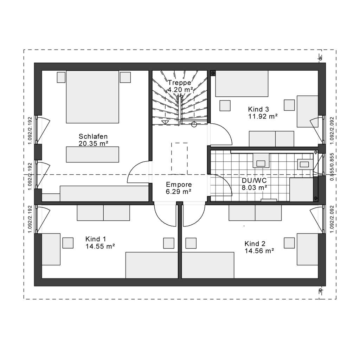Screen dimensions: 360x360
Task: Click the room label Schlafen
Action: tap(93, 136)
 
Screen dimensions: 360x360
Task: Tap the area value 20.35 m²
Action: tap(93, 144)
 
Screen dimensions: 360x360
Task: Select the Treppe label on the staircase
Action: tap(179, 83)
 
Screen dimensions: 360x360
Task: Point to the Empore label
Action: tap(179, 185)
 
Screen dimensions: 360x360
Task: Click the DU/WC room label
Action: tap(254, 180)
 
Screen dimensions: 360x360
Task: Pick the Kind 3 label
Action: tap(258, 109)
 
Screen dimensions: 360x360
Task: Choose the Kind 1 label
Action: tap(96, 239)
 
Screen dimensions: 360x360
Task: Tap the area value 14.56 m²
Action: tap(259, 251)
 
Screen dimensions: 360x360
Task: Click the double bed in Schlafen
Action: tap(92, 97)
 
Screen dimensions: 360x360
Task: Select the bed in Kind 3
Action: tap(242, 84)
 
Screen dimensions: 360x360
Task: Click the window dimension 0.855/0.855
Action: tap(332, 167)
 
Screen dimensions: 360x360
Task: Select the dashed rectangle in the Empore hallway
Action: tap(179, 159)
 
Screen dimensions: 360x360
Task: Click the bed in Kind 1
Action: tap(152, 265)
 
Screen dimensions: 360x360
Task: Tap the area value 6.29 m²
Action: tap(179, 192)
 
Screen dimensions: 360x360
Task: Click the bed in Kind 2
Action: tap(208, 265)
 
